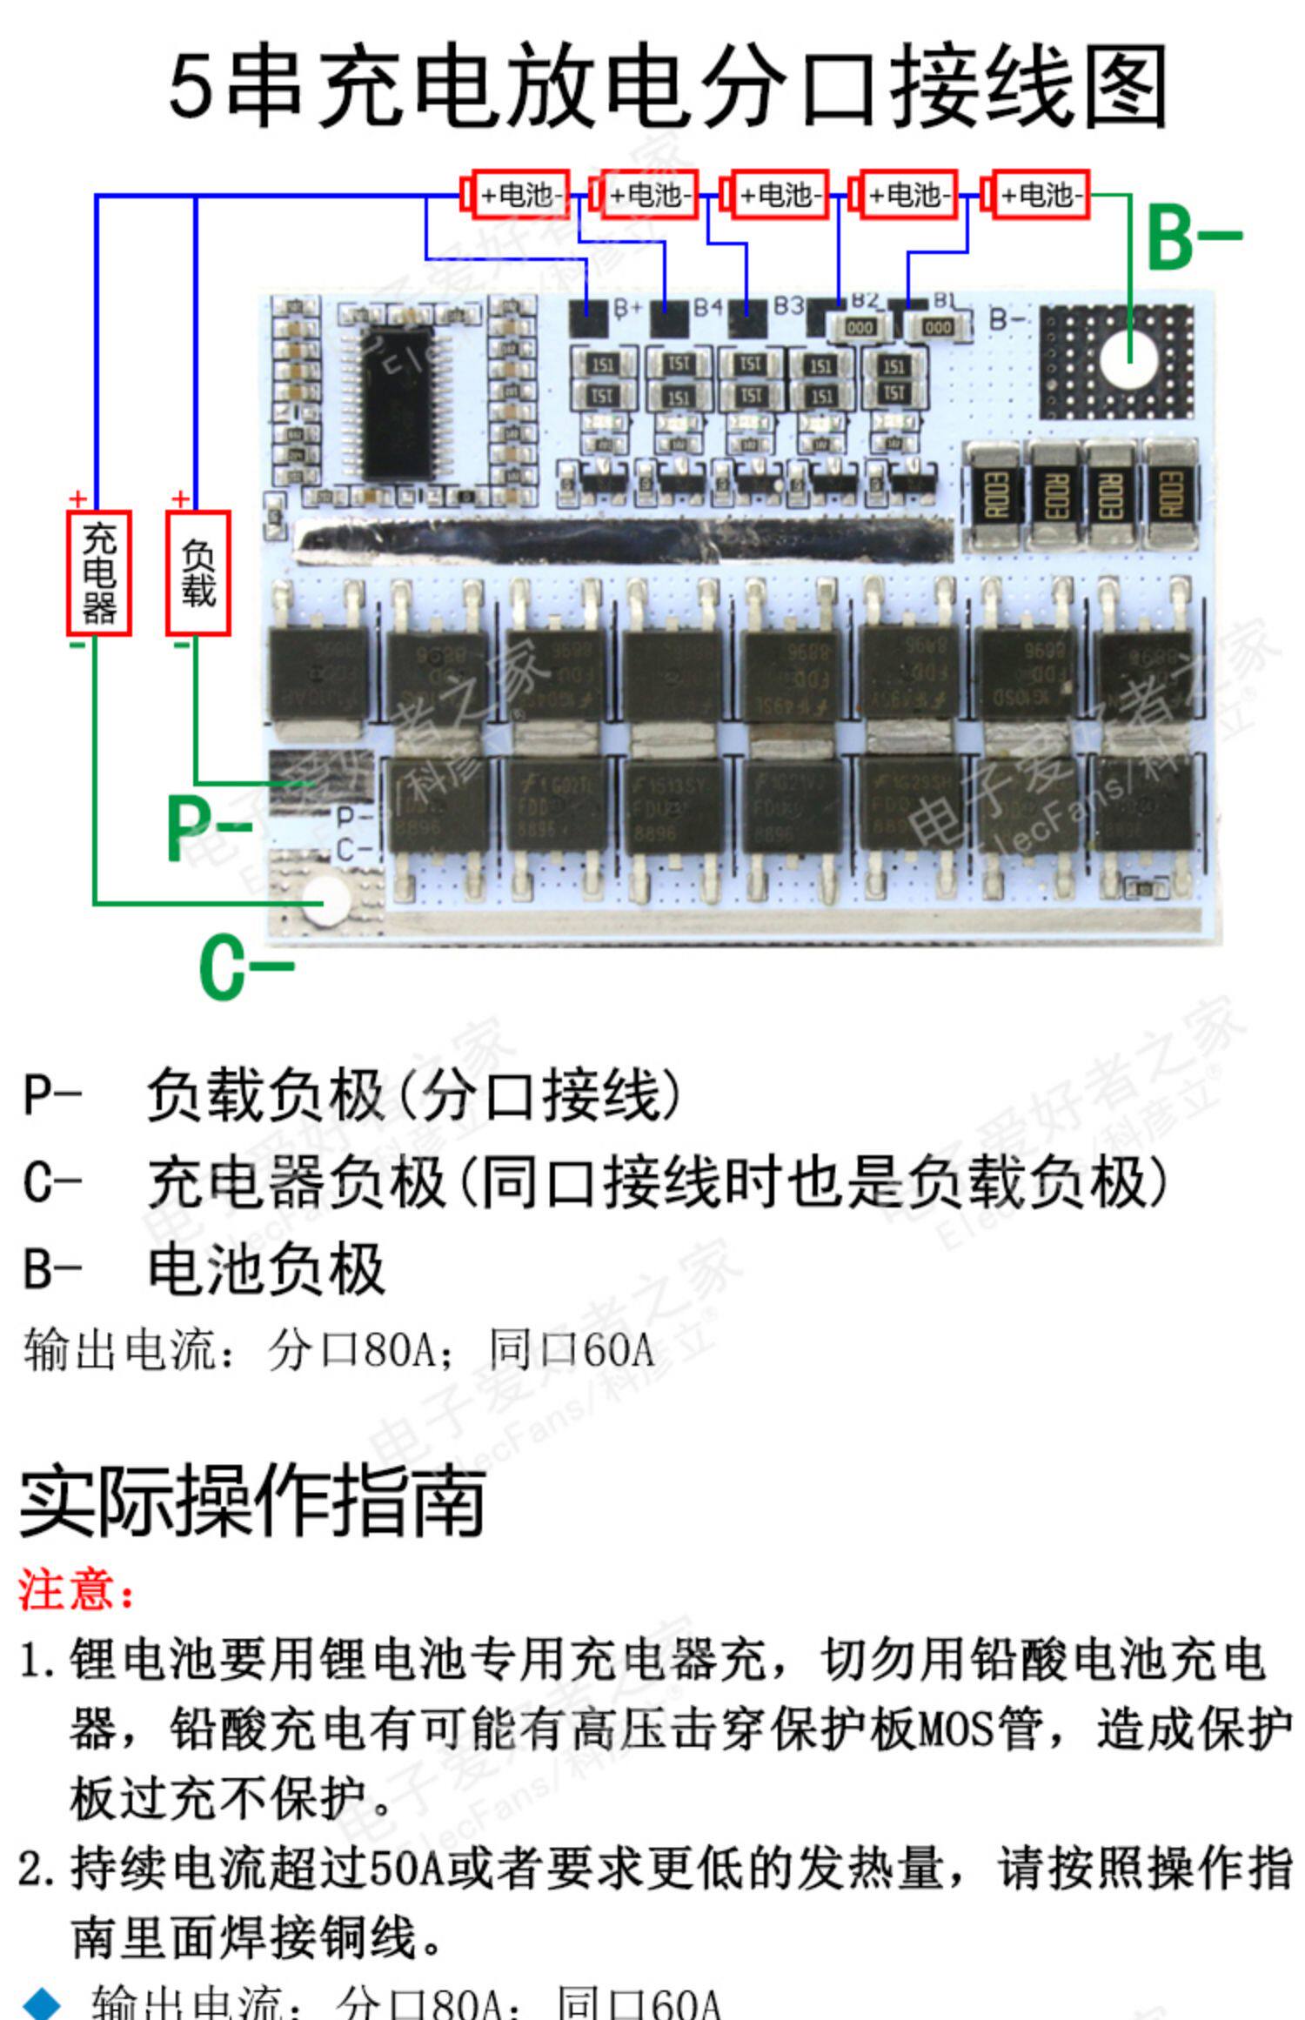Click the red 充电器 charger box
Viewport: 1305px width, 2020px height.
pyautogui.click(x=99, y=572)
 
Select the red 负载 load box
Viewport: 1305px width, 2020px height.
pyautogui.click(x=198, y=572)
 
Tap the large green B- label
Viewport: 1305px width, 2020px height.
pyautogui.click(x=1193, y=237)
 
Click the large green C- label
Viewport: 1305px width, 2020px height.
pyautogui.click(x=244, y=966)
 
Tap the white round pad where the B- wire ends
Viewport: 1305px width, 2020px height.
pyautogui.click(x=1128, y=359)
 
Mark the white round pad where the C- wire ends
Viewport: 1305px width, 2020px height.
pyautogui.click(x=325, y=899)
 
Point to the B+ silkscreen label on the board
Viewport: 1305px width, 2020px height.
pyautogui.click(x=628, y=307)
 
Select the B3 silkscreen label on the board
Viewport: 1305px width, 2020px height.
pyautogui.click(x=788, y=305)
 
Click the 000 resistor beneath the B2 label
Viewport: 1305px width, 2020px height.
pyautogui.click(x=860, y=327)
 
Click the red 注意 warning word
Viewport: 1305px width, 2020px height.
pyautogui.click(x=77, y=1590)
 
